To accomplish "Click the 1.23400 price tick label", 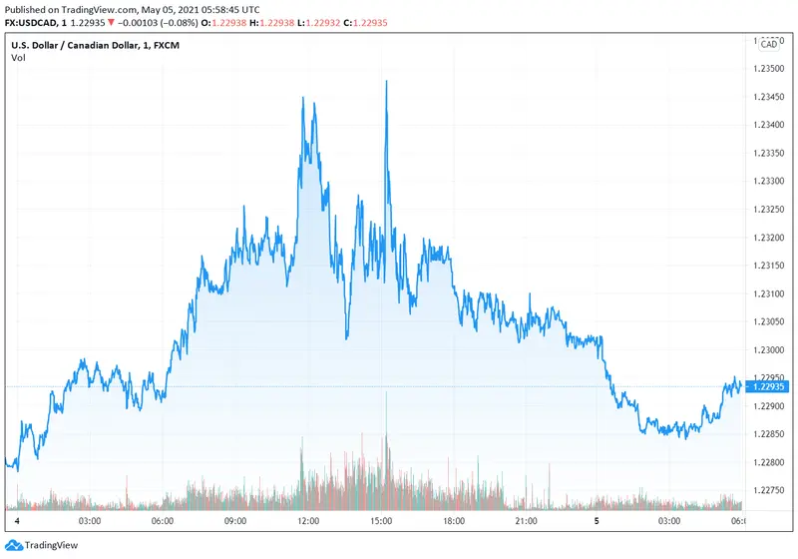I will tap(770, 125).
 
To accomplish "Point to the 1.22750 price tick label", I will tap(770, 490).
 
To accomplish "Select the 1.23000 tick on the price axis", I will tap(770, 350).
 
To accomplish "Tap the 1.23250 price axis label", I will tap(770, 210).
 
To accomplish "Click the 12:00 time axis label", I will tap(308, 521).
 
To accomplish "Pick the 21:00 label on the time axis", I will tap(527, 521).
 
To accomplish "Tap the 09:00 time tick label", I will tap(235, 521).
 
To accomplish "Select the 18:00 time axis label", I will tap(454, 521).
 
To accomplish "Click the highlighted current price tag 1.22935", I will tap(769, 386).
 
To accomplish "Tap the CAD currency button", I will tap(769, 44).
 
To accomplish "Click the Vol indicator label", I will tap(18, 58).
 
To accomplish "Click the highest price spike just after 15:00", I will tap(386, 82).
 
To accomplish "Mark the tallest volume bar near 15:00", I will tap(386, 399).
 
